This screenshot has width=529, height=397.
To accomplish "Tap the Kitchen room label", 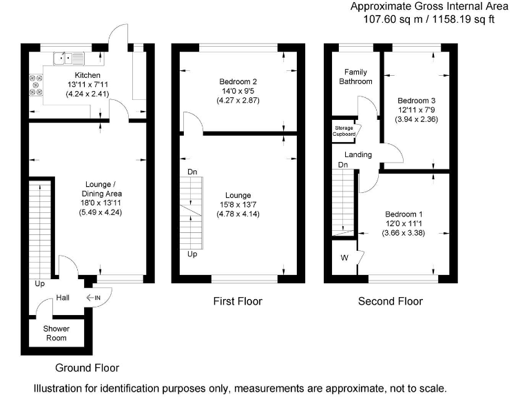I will [87, 74].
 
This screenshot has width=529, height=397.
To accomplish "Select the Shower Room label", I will [56, 334].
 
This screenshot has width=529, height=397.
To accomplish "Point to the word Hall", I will [63, 298].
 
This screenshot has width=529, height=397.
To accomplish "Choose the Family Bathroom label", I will [355, 77].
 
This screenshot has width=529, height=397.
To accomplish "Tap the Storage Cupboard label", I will [345, 131].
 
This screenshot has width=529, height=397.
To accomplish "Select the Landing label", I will [358, 154].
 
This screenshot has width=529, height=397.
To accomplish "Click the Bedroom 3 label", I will [417, 100].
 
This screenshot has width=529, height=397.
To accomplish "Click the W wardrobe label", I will [344, 259].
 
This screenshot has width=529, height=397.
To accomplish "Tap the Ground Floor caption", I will [83, 368].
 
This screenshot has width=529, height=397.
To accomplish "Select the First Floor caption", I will [238, 301].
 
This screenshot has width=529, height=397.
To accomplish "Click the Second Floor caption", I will [390, 301].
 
